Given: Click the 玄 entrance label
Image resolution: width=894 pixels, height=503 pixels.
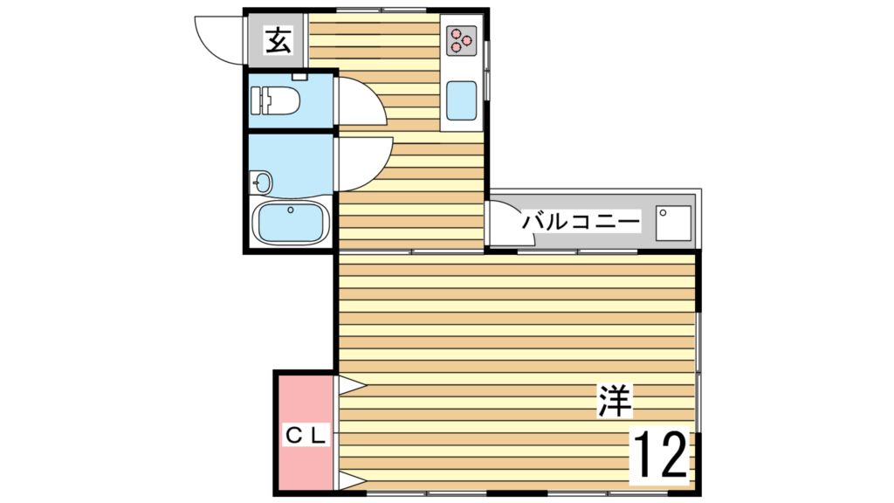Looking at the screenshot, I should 278,40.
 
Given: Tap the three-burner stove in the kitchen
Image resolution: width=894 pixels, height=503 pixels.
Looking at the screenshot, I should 460,40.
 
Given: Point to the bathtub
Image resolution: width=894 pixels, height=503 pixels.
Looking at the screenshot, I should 290,222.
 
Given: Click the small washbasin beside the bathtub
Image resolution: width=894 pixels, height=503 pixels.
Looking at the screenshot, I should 262,183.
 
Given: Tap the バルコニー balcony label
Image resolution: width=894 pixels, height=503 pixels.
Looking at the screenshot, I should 581,221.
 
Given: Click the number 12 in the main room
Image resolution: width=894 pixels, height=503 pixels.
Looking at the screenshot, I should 661,454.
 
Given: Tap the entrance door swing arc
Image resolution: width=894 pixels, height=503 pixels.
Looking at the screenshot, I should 217,39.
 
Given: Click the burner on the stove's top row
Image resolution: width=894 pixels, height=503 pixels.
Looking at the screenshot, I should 456,33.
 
